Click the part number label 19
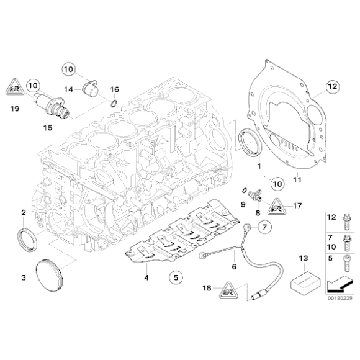pos(16,107)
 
